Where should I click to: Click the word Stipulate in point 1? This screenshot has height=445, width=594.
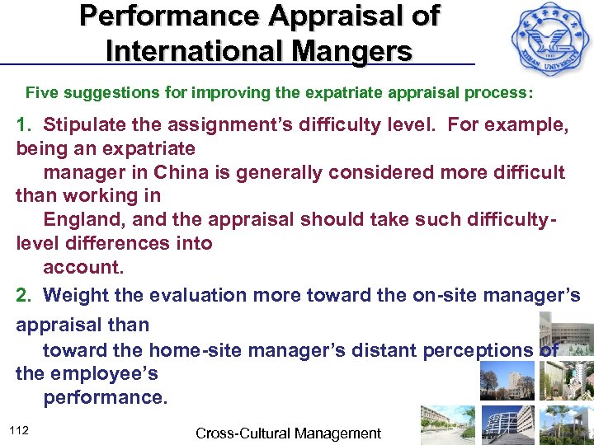83,124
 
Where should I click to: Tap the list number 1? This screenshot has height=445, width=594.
23,124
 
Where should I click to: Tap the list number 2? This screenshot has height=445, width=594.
23,295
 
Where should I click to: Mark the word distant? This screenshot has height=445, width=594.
384,350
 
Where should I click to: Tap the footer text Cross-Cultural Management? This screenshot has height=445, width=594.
288,433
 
